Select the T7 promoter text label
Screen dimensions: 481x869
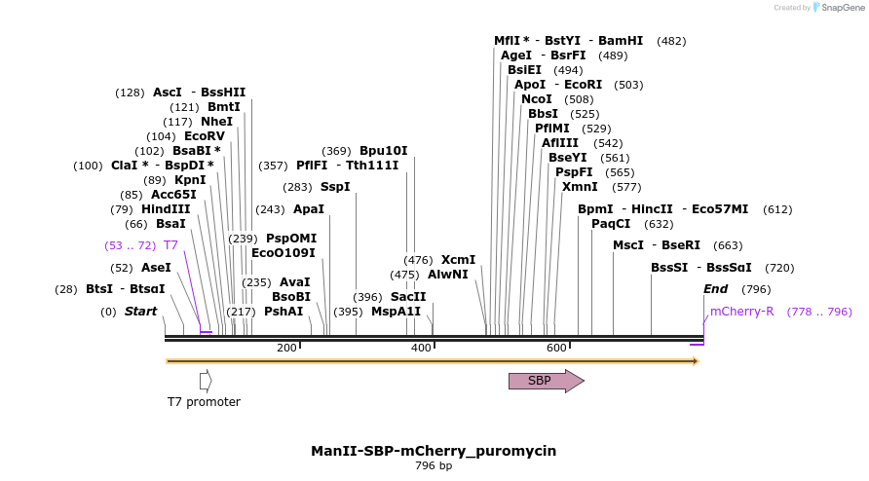204,402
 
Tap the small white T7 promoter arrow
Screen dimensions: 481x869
205,381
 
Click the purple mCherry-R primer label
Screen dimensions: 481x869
742,312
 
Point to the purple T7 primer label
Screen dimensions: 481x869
170,245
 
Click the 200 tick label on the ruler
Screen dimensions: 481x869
286,348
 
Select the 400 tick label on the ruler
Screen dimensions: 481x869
421,348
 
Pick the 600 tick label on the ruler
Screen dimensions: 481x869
556,348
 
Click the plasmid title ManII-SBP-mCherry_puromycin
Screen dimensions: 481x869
434,451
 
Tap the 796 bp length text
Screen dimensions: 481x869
434,465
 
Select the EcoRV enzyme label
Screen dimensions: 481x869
205,136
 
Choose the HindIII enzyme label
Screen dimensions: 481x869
166,209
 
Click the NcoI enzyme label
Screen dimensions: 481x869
537,99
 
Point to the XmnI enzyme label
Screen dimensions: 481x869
580,187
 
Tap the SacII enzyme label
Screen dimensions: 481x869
408,297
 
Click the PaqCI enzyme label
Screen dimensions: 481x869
611,224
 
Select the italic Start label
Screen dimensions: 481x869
140,312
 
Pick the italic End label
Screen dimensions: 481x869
716,289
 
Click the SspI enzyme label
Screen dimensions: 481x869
335,187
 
